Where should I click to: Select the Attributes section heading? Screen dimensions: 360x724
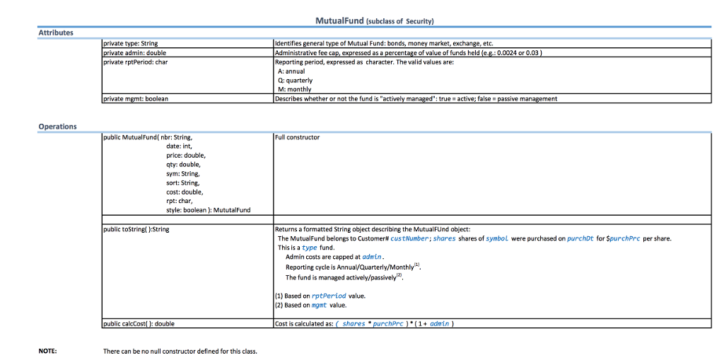click(56, 33)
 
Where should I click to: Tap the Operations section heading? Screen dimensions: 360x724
click(58, 127)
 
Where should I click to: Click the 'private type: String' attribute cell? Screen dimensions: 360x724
click(131, 44)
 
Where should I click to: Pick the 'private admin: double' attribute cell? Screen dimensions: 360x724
click(134, 52)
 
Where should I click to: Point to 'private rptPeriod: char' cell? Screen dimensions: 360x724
click(136, 62)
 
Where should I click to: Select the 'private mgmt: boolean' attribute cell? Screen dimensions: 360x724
click(136, 99)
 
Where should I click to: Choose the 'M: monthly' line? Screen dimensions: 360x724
click(295, 90)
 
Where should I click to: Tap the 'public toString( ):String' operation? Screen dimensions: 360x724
click(136, 229)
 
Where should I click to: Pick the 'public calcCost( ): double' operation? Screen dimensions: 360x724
click(139, 324)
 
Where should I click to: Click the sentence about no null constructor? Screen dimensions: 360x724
click(180, 350)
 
